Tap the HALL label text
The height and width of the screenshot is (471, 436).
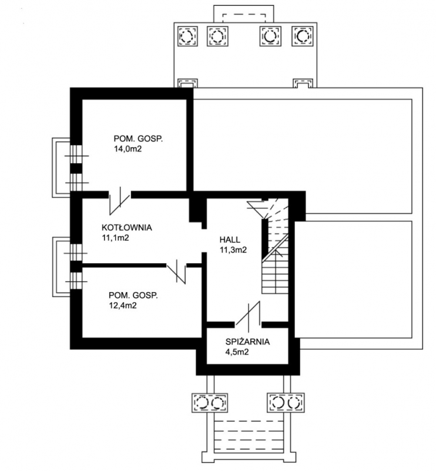coord(230,240)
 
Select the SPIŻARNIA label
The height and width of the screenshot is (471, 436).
coord(248,342)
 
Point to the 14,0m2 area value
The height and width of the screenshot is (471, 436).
coord(128,149)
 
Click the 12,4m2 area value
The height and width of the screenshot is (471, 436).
coord(123,306)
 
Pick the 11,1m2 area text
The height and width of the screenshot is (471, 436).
coord(115,238)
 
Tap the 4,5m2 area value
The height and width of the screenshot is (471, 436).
coord(237,352)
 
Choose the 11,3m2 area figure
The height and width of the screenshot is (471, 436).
coord(233,250)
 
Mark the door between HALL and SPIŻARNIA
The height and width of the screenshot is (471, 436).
coord(248,314)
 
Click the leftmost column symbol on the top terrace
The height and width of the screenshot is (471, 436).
coord(187,37)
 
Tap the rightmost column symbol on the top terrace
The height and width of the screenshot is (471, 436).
coord(303,37)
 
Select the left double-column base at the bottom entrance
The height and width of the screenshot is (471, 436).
coord(210,403)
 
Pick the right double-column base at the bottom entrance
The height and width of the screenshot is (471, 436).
coord(286,403)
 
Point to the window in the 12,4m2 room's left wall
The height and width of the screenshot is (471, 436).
coord(76,281)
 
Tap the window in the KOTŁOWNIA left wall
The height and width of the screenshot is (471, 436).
coord(76,253)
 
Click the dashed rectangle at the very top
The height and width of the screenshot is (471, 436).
coord(244,18)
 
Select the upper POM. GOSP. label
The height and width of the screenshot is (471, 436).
coord(138,139)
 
